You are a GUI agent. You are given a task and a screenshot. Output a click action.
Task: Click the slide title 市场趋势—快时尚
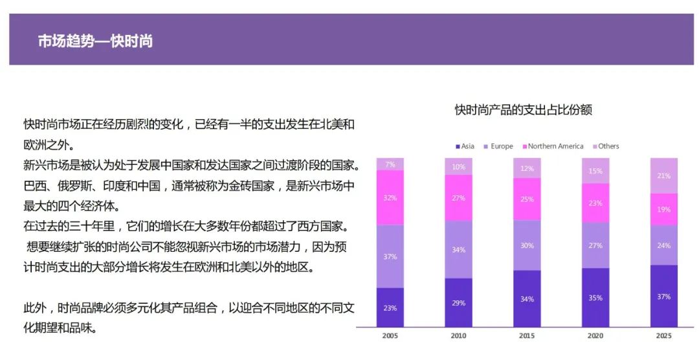[95, 41]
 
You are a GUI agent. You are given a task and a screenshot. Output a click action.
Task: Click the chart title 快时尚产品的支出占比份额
[523, 110]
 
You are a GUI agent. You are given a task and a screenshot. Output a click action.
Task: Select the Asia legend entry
[465, 146]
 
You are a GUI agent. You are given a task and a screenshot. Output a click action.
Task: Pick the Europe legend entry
[498, 146]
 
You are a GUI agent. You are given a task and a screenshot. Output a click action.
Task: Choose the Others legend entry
[605, 146]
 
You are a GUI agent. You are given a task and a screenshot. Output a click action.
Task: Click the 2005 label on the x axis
[390, 336]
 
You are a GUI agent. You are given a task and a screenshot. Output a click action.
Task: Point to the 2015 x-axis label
[527, 336]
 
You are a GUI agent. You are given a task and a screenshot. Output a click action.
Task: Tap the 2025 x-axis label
[663, 336]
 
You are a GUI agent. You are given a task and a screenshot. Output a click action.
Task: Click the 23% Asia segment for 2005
[390, 308]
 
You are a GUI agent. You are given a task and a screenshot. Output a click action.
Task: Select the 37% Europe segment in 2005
[390, 256]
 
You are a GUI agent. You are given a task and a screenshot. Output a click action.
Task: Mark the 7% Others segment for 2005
[390, 164]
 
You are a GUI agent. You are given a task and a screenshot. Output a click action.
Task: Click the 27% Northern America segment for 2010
[458, 198]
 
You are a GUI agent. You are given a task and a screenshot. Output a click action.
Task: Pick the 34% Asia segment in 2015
[527, 298]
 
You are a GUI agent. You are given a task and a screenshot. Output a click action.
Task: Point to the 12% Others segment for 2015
[527, 168]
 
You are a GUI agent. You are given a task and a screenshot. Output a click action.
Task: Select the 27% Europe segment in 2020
[595, 245]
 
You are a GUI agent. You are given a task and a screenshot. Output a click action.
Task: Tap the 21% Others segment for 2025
[663, 175]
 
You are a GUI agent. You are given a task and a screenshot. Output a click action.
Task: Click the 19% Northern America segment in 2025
[663, 209]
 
